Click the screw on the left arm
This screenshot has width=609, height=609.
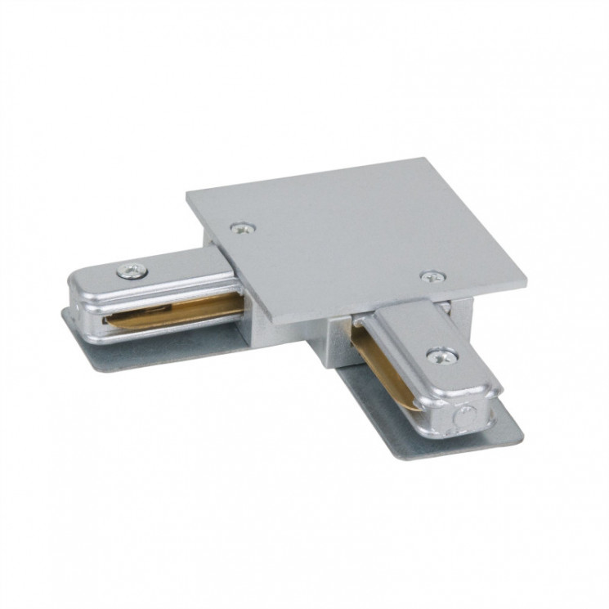pyautogui.click(x=131, y=271)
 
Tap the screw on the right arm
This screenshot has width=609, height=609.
pyautogui.click(x=442, y=354)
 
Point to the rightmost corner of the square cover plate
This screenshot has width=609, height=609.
pyautogui.click(x=527, y=284)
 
